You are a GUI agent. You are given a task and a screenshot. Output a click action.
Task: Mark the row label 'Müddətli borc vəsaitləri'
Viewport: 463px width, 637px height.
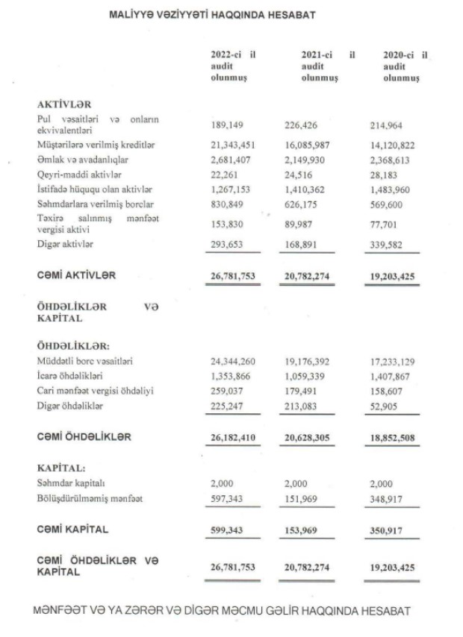(x=85, y=361)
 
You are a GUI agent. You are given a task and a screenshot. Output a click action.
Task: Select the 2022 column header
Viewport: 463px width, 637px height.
(x=233, y=66)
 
